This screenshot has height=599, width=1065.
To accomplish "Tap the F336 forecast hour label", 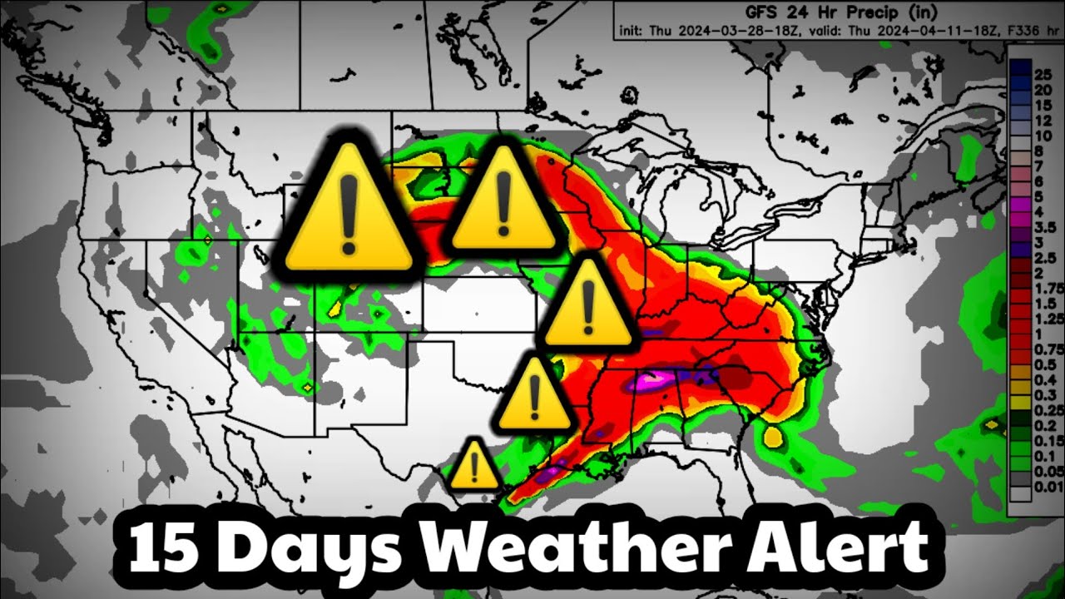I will [x=979, y=32].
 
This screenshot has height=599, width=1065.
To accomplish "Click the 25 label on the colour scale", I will [x=1043, y=74].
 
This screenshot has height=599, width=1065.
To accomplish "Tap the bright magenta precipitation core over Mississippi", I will [x=651, y=382].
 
